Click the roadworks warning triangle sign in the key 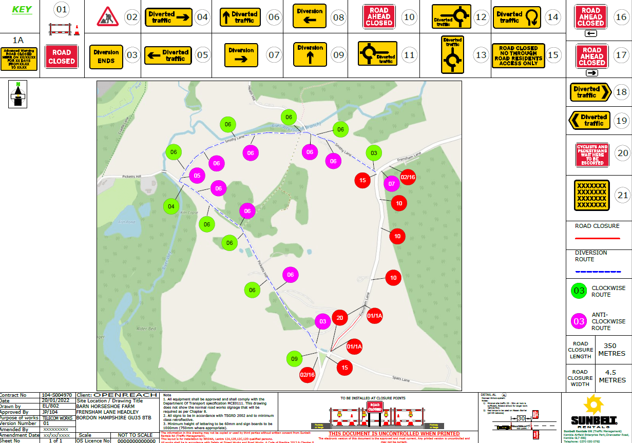coord(108,17)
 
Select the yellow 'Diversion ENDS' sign coord(106,56)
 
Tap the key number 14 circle coord(552,17)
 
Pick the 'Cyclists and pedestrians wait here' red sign coord(592,155)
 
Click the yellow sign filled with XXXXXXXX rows coord(592,195)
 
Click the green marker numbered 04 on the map coord(171,207)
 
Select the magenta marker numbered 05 coord(197,176)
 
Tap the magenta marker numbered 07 coord(392,183)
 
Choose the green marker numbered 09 coord(294,359)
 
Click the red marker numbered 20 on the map coord(339,318)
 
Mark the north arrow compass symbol coord(17,94)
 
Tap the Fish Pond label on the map coord(126,222)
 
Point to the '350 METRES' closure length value coord(614,350)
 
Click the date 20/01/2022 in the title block coord(56,401)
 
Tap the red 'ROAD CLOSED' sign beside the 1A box coord(62,56)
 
